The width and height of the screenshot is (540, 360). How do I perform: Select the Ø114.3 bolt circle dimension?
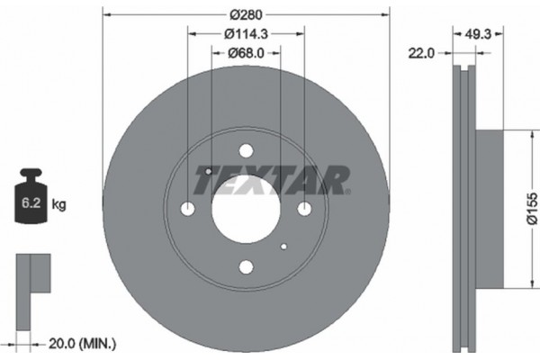pos(246,34)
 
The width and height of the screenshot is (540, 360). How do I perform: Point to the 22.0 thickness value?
pos(421,53)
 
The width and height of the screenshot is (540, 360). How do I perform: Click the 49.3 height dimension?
pos(480,34)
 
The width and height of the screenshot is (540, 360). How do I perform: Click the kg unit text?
pos(58,205)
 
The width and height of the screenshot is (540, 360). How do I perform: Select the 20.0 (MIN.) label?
pos(82,342)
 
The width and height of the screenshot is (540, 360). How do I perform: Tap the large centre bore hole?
pos(245,210)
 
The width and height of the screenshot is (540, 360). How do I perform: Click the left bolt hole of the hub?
pos(188,210)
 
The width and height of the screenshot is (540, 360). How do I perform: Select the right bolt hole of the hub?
pos(303,210)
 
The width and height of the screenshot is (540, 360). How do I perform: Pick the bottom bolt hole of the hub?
pos(245,267)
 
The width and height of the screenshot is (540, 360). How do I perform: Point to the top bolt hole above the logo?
pos(245,153)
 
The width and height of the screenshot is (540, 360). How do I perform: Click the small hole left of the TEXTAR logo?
pos(207,171)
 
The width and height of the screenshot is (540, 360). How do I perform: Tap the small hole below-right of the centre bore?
pos(283,247)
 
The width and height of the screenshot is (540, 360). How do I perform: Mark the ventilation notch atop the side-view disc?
pos(464,71)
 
